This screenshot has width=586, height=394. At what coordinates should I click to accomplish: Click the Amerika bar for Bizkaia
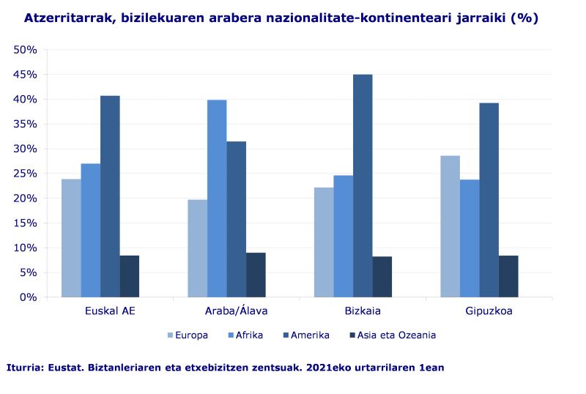363,186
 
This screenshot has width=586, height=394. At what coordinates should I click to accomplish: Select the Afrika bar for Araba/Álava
217,198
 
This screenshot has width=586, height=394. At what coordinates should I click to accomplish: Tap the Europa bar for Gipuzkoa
450,226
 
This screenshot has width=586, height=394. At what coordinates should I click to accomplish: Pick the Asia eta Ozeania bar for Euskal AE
130,276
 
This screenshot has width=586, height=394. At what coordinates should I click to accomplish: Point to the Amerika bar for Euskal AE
110,196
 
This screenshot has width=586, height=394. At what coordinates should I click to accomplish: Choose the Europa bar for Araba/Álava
197,248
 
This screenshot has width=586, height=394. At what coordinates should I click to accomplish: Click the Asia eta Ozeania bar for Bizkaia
382,277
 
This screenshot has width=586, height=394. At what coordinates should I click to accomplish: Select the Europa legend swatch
171,335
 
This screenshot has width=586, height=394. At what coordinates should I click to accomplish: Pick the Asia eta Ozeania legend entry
396,335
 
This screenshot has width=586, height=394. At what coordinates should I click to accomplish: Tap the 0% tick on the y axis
29,297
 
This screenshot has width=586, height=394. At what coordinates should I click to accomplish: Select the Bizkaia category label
363,311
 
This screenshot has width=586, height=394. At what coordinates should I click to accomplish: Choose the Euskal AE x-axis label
110,311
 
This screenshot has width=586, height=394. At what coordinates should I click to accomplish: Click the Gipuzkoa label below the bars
489,311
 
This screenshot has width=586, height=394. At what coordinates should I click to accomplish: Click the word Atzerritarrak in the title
66,18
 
